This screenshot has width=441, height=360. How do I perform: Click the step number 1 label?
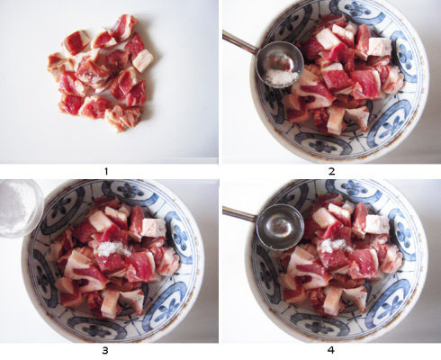pos(106,171)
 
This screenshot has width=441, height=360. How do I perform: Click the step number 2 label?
pos(331,171)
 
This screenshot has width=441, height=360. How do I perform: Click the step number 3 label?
pos(105,350)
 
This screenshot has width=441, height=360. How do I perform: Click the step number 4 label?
pos(331,350)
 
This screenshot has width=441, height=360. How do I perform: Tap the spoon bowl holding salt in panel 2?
pos(279,65)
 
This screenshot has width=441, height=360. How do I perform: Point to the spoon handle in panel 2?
pos(239,42)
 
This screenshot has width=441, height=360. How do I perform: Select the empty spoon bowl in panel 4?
pos(280,227)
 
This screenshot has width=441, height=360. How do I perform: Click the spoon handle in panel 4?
pos(239,214)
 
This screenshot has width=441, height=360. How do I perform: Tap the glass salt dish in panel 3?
pos(19,207)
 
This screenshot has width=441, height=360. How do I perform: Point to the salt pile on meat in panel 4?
pos(334,246)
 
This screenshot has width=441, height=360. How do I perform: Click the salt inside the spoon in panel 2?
pos(281,77)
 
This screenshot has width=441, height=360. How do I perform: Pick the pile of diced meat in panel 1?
pos(101,74)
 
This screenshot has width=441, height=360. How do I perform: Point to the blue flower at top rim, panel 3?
pos(131,190)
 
